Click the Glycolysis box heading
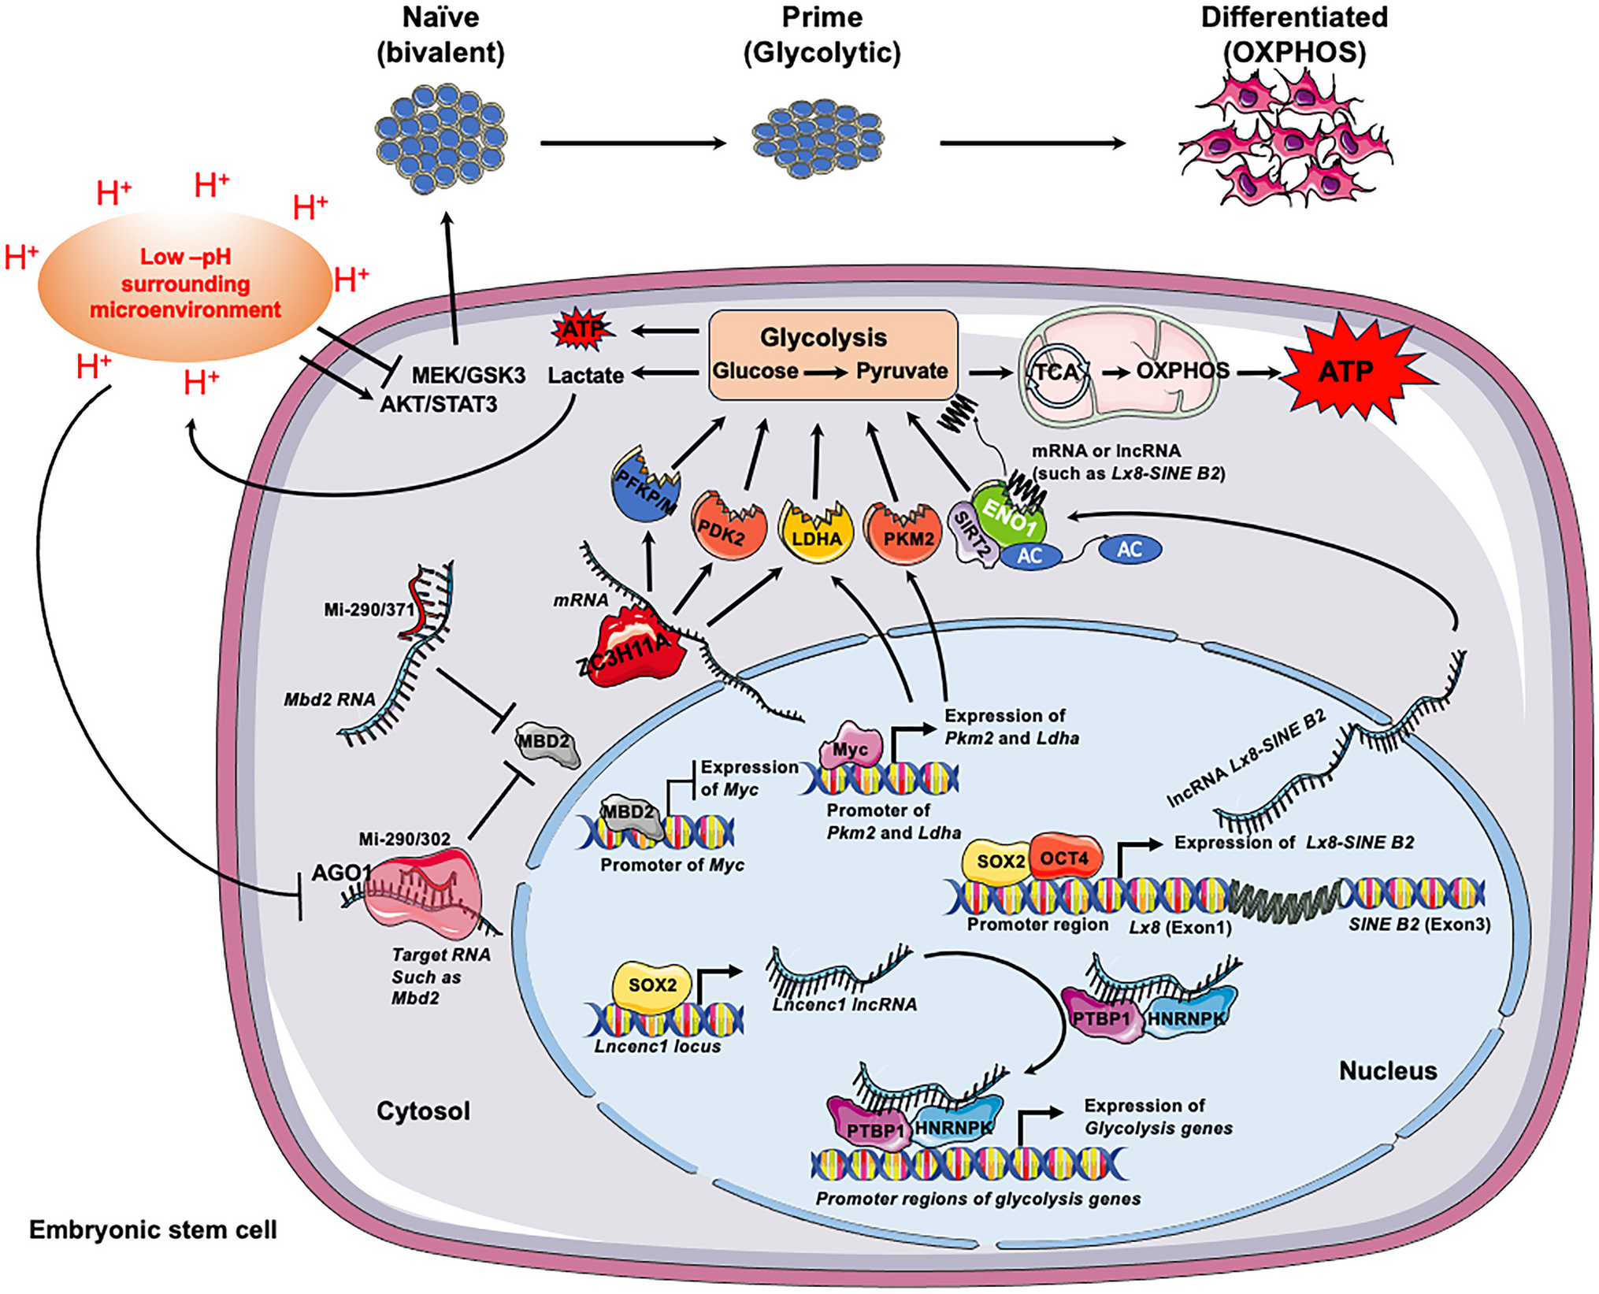[823, 337]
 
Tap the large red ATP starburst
[1345, 370]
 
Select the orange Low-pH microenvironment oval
[185, 284]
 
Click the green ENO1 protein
[1009, 516]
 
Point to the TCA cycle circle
[1058, 372]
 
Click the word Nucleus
[1388, 1070]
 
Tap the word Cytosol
[423, 1110]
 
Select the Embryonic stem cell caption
[153, 1229]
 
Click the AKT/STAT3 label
[439, 404]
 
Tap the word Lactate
[585, 376]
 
